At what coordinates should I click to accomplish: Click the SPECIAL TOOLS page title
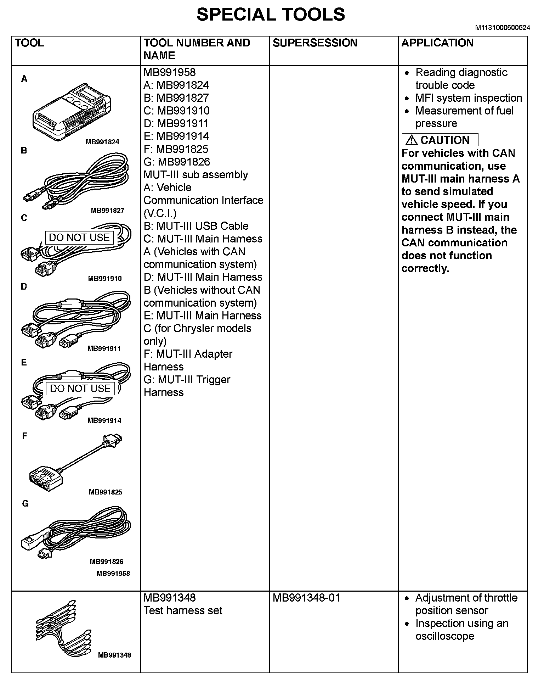point(271,15)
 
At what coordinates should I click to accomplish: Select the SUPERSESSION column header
point(315,43)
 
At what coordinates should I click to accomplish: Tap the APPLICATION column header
point(437,43)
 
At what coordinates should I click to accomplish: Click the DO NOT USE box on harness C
point(79,238)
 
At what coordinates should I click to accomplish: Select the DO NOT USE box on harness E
point(80,389)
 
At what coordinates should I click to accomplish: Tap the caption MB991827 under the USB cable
point(108,211)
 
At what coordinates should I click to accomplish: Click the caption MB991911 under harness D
point(104,348)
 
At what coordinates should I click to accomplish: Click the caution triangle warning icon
point(411,140)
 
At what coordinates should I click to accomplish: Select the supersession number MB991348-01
point(306,598)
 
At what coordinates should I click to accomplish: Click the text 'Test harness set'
point(183,611)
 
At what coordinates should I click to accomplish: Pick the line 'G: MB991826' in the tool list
point(177,162)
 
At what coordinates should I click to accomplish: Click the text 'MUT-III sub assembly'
point(195,175)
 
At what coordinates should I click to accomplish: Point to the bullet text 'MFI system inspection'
point(469,98)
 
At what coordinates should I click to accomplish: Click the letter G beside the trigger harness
point(25,504)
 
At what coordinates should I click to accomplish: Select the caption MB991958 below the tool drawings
point(113,574)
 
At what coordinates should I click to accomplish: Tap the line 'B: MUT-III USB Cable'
point(196,226)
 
